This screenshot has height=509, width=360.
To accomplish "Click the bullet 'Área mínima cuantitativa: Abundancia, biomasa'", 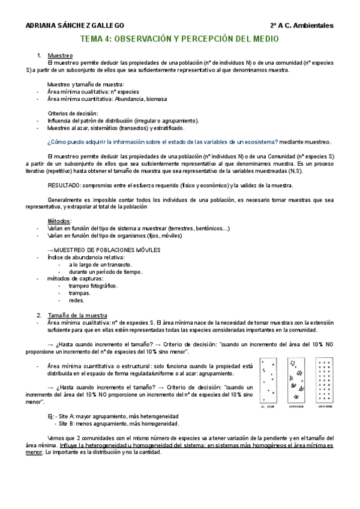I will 107,99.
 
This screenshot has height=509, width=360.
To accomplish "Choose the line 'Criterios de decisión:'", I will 73,113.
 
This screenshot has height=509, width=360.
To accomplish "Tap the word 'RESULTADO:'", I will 64,185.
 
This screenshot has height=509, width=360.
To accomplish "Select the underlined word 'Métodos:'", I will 59,221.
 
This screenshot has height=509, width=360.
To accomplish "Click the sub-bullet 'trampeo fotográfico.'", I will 93,286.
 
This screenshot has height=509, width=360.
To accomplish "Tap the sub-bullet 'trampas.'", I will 80,294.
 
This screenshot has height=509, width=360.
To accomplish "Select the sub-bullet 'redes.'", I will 77,301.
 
